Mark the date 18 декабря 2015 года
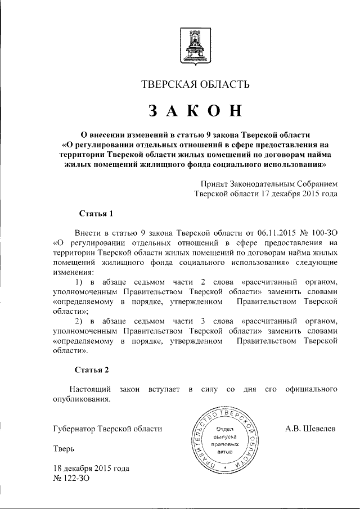tap(91, 469)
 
